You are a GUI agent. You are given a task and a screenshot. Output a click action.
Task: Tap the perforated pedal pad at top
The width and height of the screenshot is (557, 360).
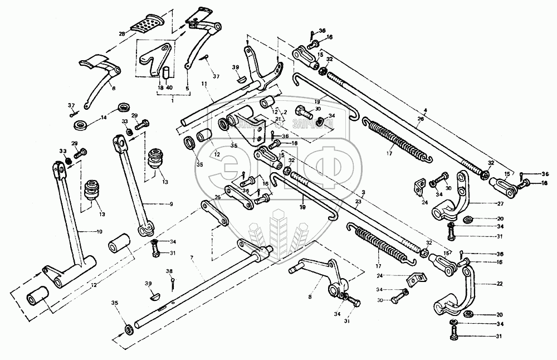tap(146, 24)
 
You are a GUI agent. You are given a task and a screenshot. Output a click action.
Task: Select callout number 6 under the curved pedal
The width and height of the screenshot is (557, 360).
tap(114, 88)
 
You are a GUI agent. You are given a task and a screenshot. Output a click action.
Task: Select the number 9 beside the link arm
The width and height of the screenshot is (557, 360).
tap(172, 204)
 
